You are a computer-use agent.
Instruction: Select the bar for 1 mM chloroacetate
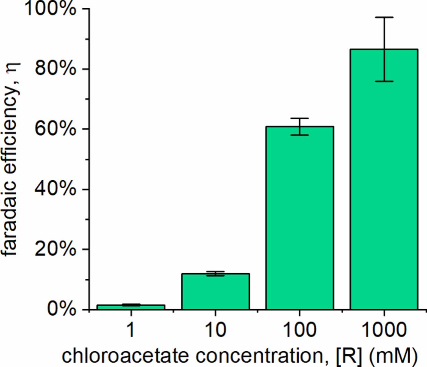(x=131, y=307)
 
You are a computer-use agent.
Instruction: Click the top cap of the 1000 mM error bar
(x=384, y=17)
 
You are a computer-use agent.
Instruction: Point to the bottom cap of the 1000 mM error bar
(x=384, y=81)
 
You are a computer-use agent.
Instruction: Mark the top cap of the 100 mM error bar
(x=300, y=119)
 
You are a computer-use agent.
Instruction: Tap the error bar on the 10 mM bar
(x=216, y=273)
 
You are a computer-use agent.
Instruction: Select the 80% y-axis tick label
(x=55, y=69)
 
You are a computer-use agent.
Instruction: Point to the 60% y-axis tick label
(x=55, y=129)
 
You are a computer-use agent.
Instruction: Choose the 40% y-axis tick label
(x=55, y=189)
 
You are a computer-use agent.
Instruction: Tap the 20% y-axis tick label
(x=55, y=249)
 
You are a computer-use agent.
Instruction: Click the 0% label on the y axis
(x=61, y=309)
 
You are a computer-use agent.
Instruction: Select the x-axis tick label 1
(x=131, y=330)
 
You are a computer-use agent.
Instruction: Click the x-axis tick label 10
(x=216, y=330)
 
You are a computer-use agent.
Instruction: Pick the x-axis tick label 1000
(x=384, y=330)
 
